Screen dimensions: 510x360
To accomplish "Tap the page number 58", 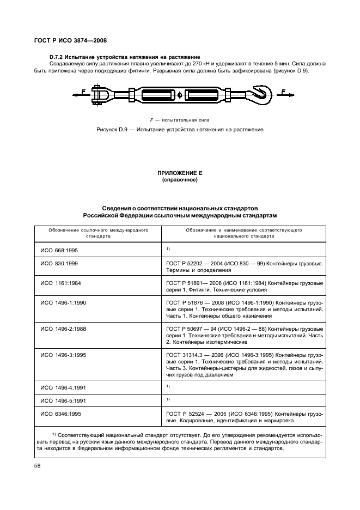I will point(38,466).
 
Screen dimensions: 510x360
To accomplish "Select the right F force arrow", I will point(286,95).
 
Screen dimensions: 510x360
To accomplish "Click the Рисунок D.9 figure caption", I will point(180,130).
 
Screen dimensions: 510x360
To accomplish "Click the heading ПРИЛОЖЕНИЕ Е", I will point(180,173).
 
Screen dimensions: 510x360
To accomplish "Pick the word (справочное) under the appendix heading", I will point(180,179).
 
